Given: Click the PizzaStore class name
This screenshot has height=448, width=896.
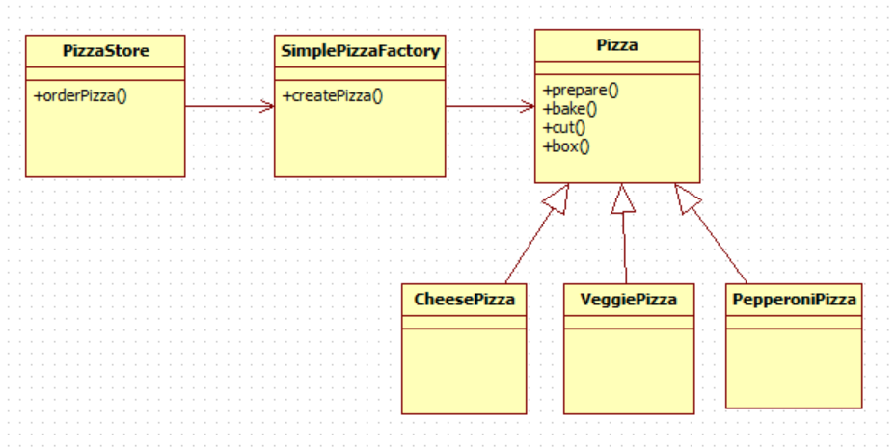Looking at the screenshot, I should pos(105,51).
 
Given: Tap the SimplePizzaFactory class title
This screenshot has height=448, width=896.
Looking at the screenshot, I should pos(359,51).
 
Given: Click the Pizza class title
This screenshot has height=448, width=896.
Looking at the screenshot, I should pos(617,44).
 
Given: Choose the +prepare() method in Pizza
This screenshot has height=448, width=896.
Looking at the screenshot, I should pos(581,91).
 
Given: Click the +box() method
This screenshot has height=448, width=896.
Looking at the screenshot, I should pos(567,145).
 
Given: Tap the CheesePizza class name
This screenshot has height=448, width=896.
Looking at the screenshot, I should pos(464,300).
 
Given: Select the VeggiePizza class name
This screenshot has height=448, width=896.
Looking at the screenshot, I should pos(629,300).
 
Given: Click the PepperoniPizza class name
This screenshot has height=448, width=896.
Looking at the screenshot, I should pos(794,300).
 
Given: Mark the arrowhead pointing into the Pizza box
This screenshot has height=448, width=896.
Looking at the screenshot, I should pos(529,107).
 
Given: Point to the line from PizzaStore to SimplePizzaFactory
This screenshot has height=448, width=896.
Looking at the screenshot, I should pos(227,107).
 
